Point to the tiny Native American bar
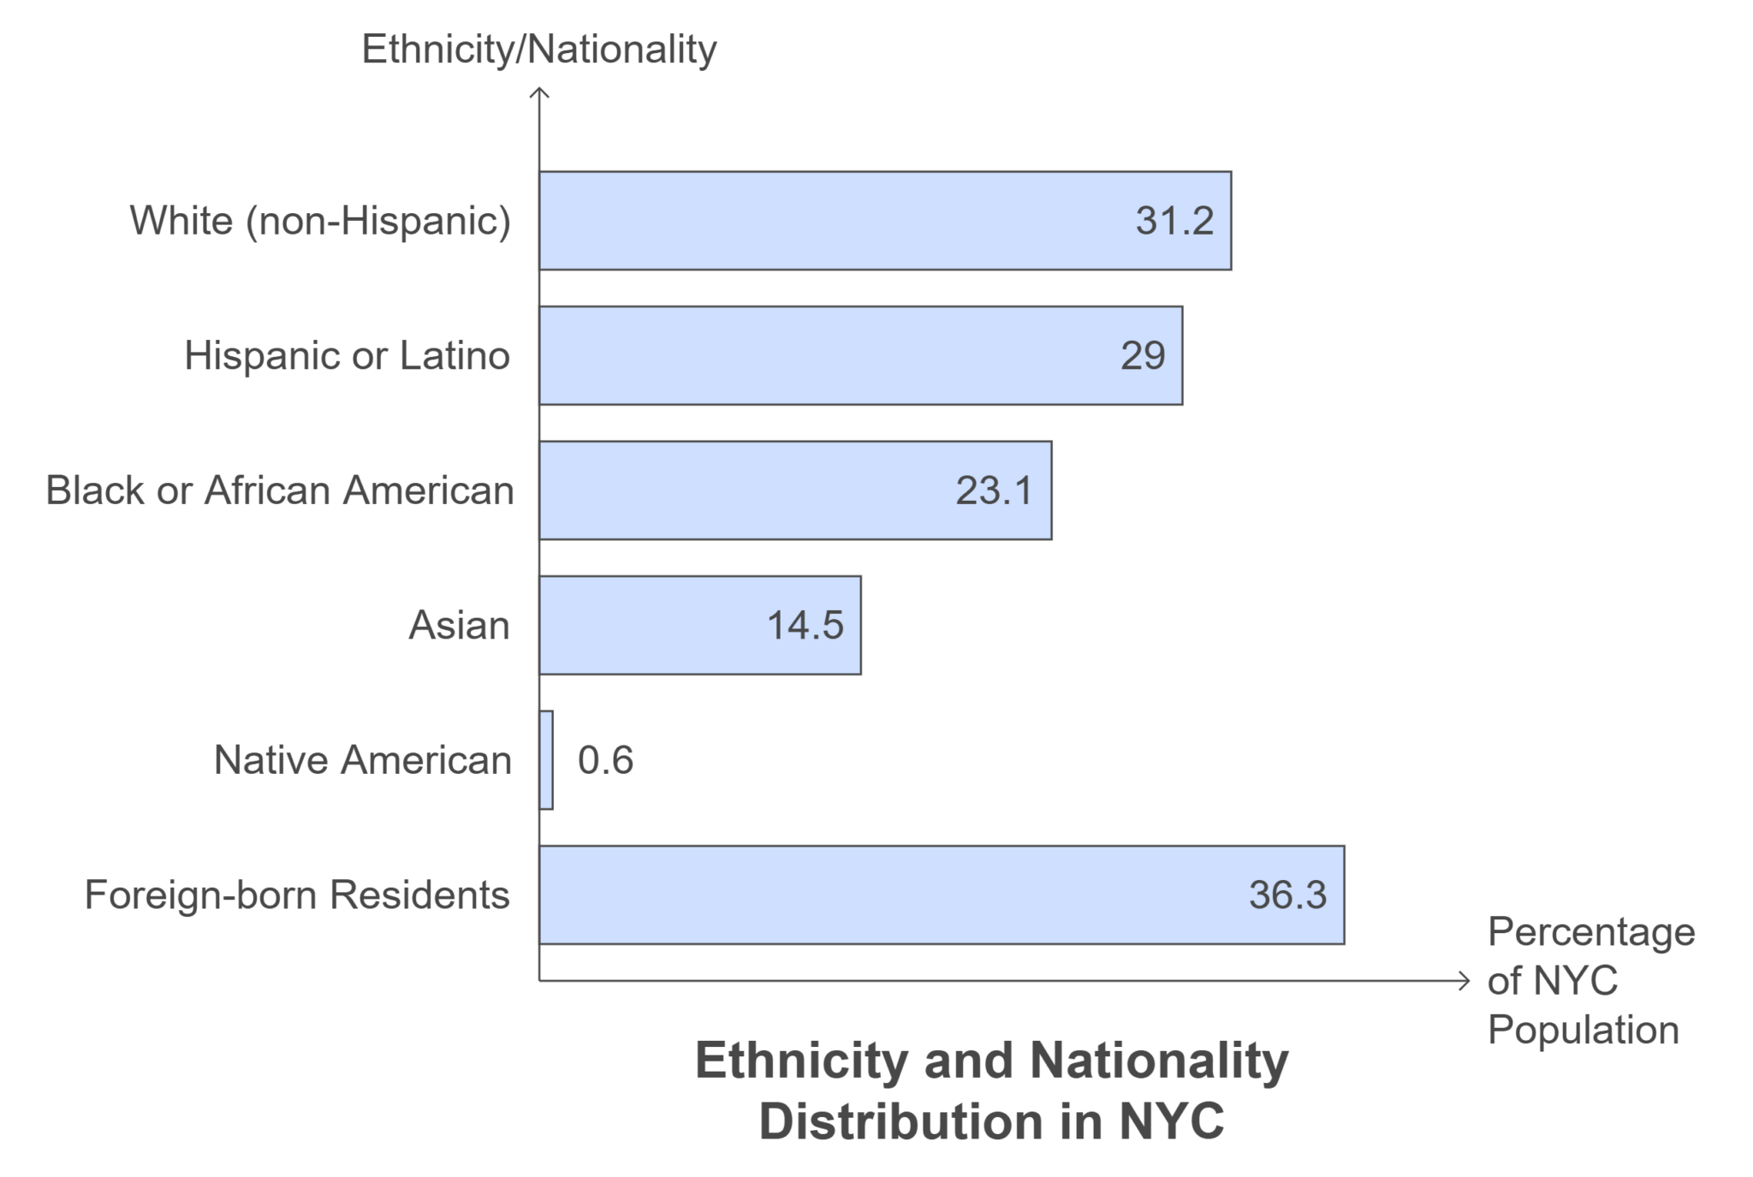[x=546, y=760]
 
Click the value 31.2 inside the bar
[x=1174, y=221]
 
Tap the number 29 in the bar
[x=1143, y=355]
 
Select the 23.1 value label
[x=994, y=490]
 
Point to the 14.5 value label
[x=805, y=625]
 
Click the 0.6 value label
[x=605, y=760]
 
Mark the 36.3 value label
[x=1287, y=895]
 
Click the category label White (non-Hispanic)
[x=320, y=221]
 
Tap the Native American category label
[x=362, y=760]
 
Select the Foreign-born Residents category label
[x=297, y=895]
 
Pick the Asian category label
[x=459, y=625]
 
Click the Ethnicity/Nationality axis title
[x=539, y=49]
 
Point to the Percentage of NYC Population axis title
[x=1590, y=980]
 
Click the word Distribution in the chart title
[x=901, y=1121]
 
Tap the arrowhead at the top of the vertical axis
[x=539, y=91]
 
